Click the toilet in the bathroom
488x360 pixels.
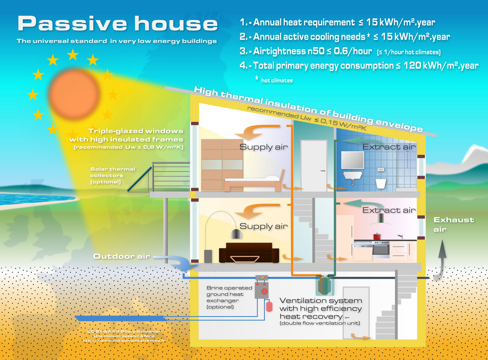381,183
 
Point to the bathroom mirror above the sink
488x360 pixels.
352,160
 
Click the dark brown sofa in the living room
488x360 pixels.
248,253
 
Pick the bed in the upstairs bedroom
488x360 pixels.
252,183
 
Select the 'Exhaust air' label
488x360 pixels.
453,224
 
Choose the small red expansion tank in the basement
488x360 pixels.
269,306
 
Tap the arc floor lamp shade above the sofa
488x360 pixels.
235,234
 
